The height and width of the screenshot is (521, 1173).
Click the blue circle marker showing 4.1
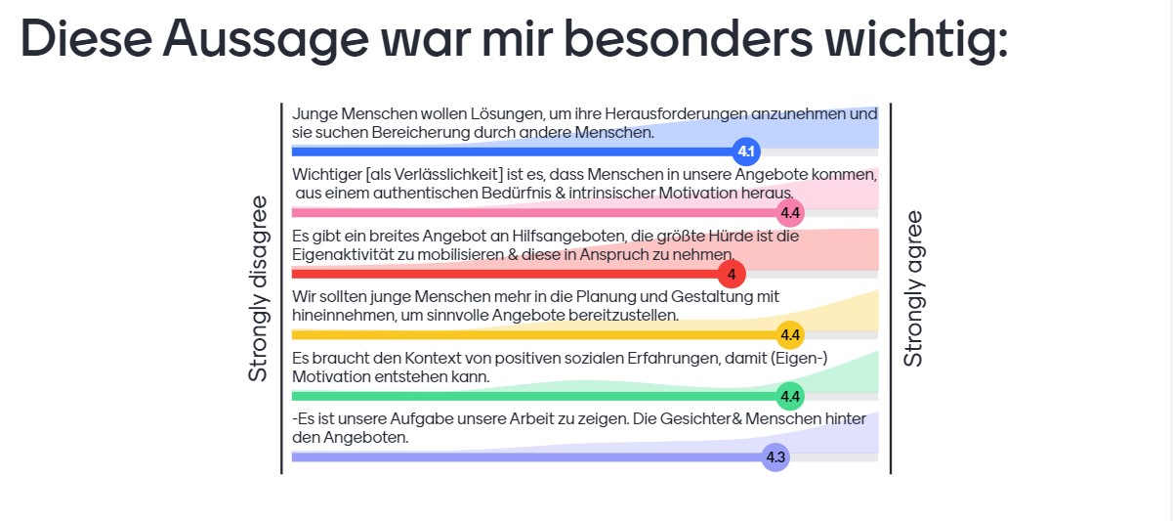745,152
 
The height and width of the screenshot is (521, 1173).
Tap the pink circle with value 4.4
790,213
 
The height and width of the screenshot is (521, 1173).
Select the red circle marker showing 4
732,274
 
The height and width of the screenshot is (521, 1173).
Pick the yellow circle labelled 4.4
790,335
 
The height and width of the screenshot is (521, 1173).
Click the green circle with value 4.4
790,396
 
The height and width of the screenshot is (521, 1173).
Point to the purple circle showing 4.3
775,457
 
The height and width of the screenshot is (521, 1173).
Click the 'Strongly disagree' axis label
258,288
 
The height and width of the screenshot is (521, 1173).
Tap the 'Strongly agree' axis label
913,288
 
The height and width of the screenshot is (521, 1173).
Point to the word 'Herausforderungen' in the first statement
676,113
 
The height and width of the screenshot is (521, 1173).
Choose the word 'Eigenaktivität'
342,255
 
